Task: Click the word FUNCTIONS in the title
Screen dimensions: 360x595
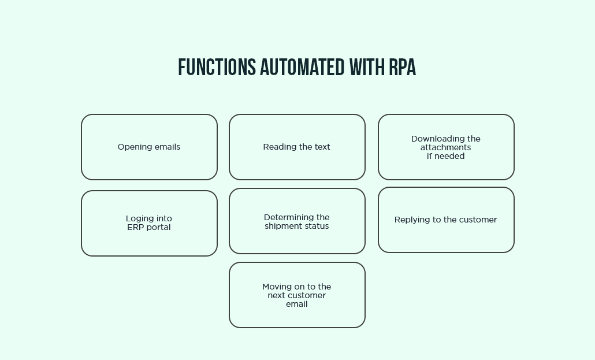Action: (217, 68)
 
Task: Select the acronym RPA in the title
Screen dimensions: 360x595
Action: (402, 68)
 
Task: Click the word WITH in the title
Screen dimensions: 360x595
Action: (366, 68)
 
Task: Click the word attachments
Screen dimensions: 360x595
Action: (445, 147)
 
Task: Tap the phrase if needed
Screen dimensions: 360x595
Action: (445, 156)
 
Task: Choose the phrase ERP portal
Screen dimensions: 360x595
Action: (149, 227)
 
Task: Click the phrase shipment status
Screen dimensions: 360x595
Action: (297, 226)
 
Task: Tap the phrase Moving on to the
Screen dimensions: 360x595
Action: (297, 287)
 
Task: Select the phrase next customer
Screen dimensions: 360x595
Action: (297, 295)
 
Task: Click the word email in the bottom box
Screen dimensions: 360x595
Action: (297, 304)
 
